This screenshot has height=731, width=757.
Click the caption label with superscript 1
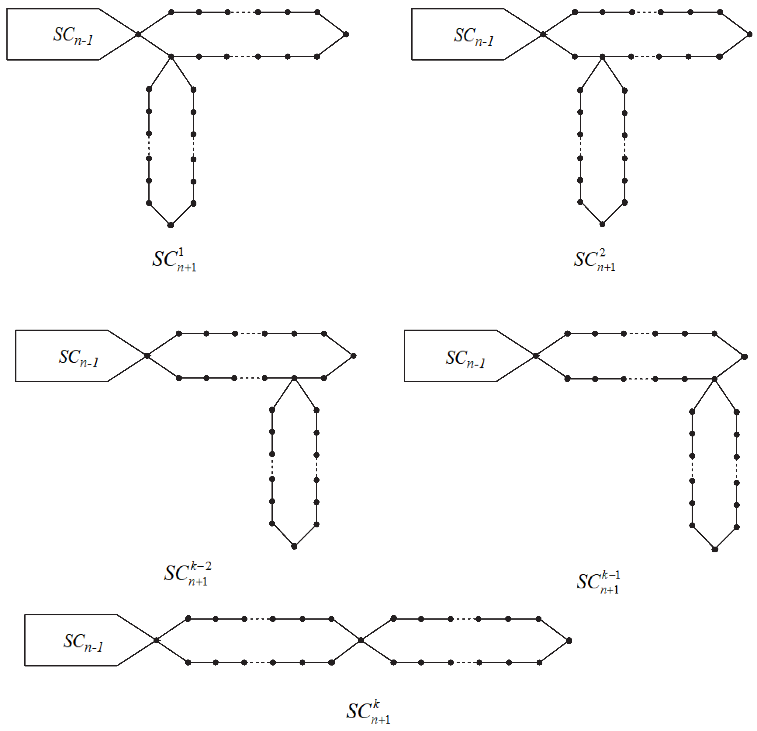coord(174,260)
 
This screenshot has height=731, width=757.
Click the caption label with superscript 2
coord(594,260)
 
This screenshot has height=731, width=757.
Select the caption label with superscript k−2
coord(188,574)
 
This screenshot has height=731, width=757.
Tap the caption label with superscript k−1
coord(598,582)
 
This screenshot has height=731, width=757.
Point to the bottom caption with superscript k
coord(368,712)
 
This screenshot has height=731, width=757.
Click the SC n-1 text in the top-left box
coord(73,36)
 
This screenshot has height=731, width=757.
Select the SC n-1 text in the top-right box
coord(474,36)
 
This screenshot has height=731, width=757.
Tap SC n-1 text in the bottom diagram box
coord(83,642)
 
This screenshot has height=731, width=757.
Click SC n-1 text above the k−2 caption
coord(78,358)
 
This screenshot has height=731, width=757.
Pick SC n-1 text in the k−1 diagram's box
coord(465,359)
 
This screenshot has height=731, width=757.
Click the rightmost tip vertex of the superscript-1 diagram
coord(346,34)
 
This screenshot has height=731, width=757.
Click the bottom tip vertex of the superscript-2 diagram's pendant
coord(602,224)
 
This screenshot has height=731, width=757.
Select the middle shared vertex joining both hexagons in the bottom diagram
coord(360,640)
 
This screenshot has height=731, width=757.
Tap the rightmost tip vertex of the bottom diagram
coord(569,641)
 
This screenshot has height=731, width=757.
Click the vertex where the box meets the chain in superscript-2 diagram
coord(543,34)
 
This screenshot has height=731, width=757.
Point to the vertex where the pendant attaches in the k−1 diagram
coord(714,379)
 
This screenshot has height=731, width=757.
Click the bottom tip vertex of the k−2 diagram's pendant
coord(294,546)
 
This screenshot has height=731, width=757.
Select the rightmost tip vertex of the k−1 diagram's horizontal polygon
coord(745,357)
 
